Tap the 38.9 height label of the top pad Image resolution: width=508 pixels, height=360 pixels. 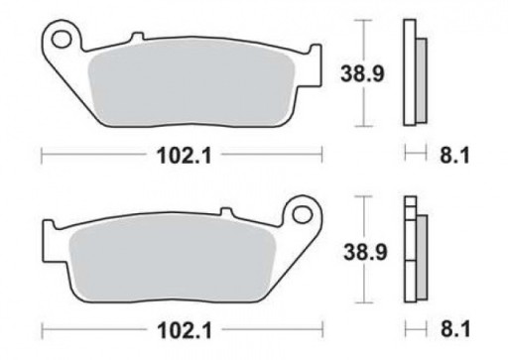(362, 73)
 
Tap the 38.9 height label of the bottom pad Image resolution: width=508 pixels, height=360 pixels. (365, 252)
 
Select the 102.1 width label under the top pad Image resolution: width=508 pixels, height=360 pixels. (184, 156)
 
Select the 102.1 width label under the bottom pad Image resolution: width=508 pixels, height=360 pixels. (185, 330)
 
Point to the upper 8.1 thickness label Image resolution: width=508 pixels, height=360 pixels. (454, 155)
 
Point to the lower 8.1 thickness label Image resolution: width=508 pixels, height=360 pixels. (454, 330)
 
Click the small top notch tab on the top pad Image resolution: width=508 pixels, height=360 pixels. (138, 36)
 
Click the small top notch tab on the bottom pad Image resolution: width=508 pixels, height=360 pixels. (226, 211)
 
